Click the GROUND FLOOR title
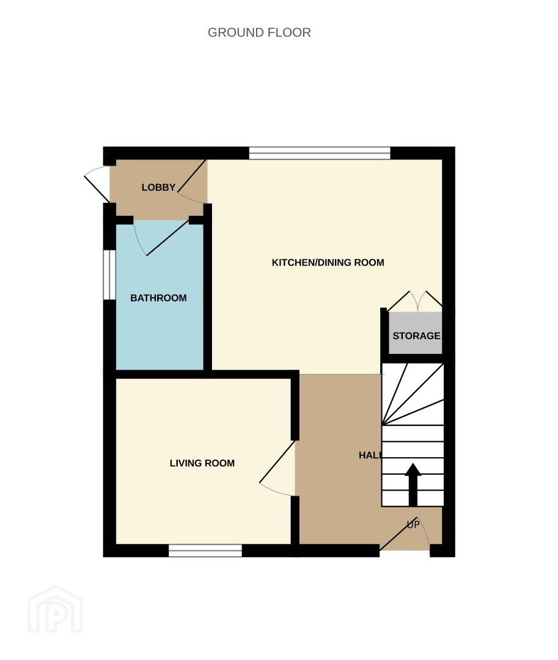[259, 32]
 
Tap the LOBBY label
[158, 188]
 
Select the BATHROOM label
[158, 298]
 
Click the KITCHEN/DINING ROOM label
[328, 263]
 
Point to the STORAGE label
[416, 336]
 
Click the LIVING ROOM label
[202, 463]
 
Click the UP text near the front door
[413, 524]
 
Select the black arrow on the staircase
[413, 485]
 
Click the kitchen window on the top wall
[320, 153]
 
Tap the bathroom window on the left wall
[109, 275]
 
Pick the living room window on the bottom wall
[205, 551]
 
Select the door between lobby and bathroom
[161, 238]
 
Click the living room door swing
[277, 468]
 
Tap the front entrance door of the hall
[405, 533]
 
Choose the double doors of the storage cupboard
[414, 301]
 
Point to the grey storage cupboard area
[415, 333]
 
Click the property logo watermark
[55, 609]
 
